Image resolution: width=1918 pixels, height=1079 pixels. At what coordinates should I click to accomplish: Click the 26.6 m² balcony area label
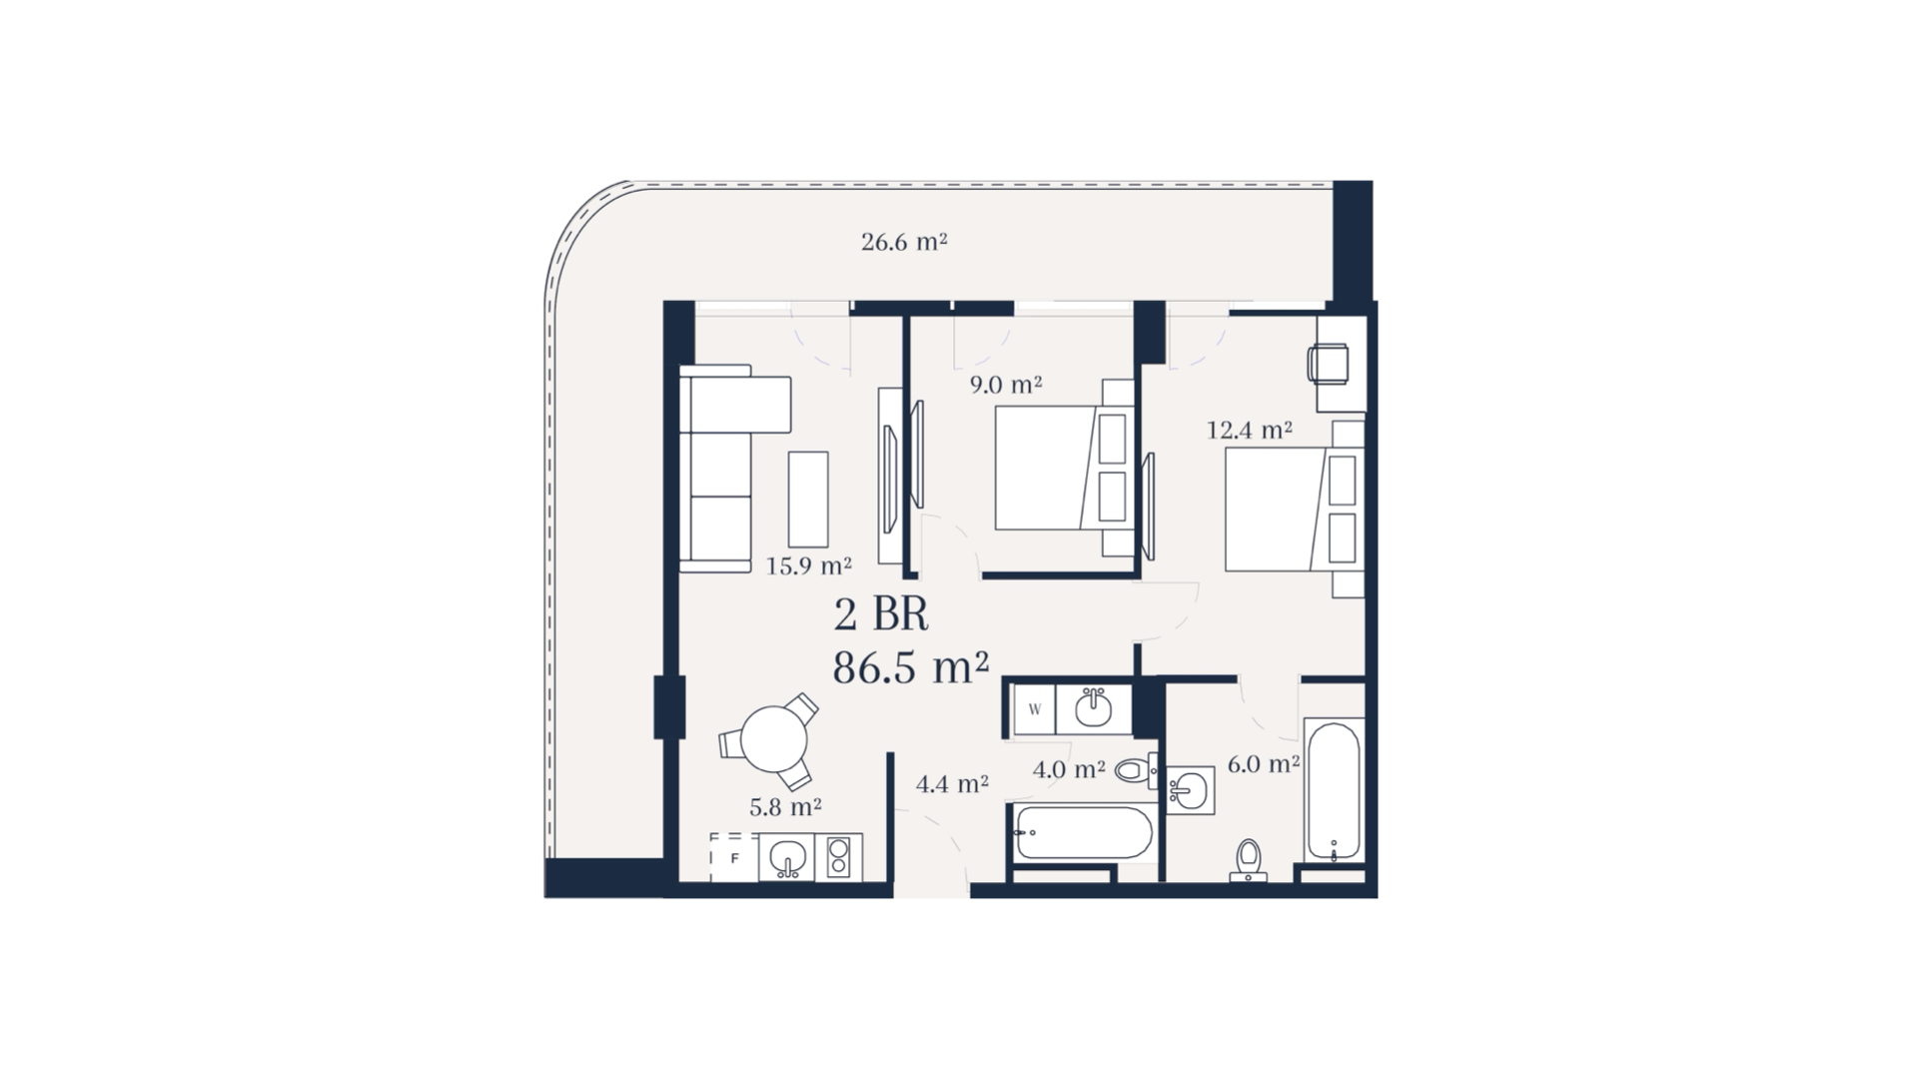(x=904, y=242)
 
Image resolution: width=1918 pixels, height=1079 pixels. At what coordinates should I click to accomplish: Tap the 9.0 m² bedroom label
(x=1006, y=385)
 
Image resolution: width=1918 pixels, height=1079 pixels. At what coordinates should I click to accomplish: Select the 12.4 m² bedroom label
(x=1250, y=430)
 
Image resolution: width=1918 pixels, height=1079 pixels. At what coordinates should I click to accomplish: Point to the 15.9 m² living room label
(x=808, y=565)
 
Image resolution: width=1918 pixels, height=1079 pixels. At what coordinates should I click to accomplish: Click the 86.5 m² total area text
(x=911, y=667)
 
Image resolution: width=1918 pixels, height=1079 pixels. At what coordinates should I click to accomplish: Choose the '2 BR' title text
(x=881, y=615)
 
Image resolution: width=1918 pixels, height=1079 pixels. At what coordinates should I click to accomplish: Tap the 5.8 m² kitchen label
(x=785, y=806)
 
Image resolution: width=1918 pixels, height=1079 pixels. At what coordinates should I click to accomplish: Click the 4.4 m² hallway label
(x=952, y=783)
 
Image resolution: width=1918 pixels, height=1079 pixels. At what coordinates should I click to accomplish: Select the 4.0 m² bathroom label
(x=1069, y=770)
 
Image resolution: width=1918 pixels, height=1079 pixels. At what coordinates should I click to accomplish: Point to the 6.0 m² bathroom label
(x=1264, y=764)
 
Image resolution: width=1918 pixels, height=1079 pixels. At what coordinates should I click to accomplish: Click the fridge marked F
(x=734, y=857)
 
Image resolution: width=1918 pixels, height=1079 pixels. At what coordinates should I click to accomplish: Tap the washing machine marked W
(x=1035, y=710)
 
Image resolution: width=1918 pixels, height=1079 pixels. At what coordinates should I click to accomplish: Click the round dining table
(x=774, y=739)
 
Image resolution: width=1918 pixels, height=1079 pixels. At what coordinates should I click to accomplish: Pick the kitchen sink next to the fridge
(x=787, y=857)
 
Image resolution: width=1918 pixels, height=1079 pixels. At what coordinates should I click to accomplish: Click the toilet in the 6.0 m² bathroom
(x=1249, y=860)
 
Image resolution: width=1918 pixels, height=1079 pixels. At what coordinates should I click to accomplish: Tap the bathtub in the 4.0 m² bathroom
(x=1084, y=832)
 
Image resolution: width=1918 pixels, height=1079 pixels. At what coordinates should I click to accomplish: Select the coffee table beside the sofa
(x=808, y=499)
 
